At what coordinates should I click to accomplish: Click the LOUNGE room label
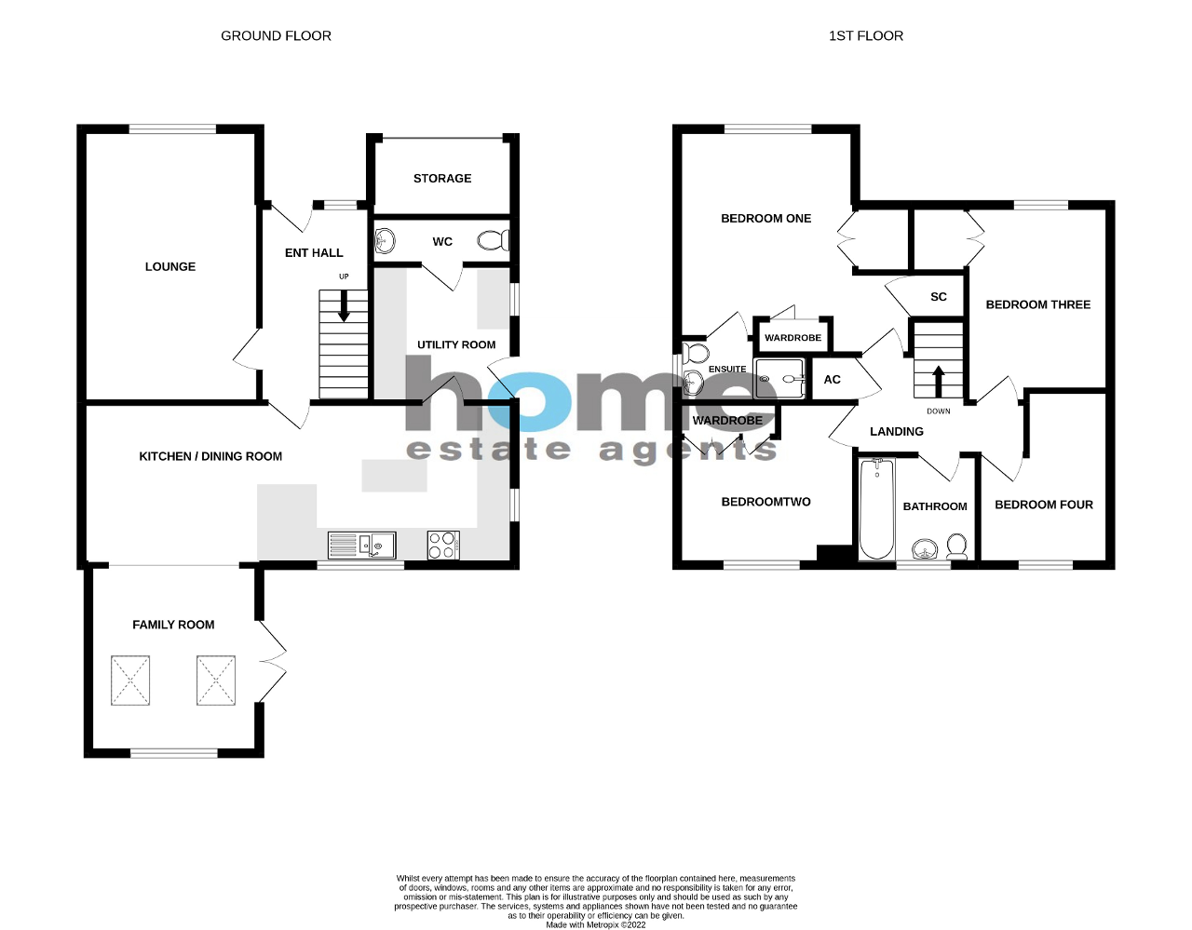click(x=170, y=267)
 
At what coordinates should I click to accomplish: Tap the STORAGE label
click(x=442, y=179)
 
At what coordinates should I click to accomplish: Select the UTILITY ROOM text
click(x=456, y=345)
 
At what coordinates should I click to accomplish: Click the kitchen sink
click(x=361, y=545)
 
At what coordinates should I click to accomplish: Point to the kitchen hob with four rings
click(x=443, y=545)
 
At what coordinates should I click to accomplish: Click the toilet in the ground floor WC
click(x=494, y=241)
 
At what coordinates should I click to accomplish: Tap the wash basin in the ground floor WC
click(x=385, y=242)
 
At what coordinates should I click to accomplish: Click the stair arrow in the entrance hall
click(x=344, y=306)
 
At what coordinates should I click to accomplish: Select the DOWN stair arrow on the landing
click(x=938, y=382)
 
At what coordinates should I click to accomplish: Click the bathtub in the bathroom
click(x=876, y=508)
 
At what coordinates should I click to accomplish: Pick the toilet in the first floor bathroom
click(x=956, y=546)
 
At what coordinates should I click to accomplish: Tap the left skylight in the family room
click(x=130, y=681)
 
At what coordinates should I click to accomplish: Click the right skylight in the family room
click(x=216, y=681)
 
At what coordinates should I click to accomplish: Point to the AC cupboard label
click(x=833, y=380)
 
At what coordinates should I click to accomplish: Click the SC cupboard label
click(x=939, y=297)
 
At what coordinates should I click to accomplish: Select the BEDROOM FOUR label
click(x=1044, y=505)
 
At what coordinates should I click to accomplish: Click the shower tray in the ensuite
click(x=779, y=379)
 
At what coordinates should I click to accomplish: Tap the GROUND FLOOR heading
click(x=276, y=36)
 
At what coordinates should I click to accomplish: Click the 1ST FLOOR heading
click(x=866, y=36)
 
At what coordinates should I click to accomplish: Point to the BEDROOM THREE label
click(x=1038, y=304)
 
